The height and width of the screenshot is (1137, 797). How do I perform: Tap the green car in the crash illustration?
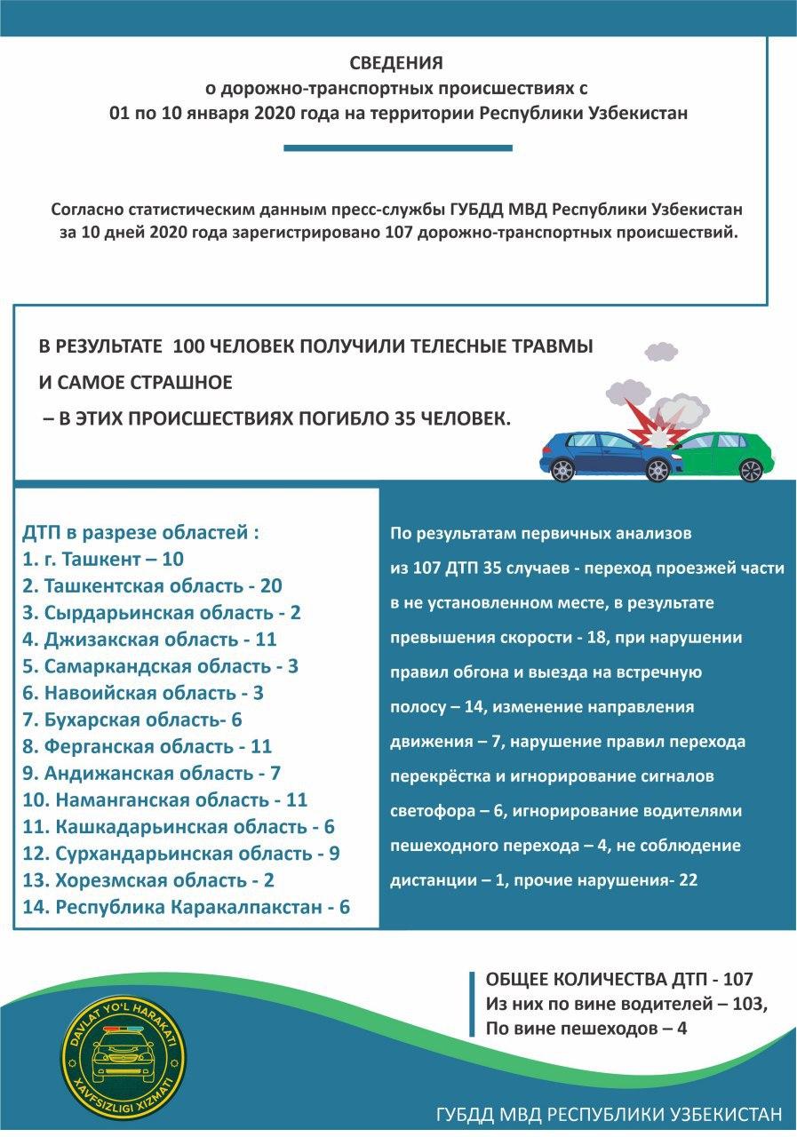coord(724,454)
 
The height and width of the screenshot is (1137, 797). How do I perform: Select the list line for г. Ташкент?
coord(103,560)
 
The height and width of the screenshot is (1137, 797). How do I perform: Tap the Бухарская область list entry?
coord(132,720)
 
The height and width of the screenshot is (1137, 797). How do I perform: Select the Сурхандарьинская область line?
coord(181,854)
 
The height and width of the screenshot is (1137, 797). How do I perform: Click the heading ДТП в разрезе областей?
coord(140,533)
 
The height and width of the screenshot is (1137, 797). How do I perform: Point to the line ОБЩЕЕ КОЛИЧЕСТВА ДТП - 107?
coord(618,980)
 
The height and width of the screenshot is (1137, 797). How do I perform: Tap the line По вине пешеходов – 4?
coord(586,1029)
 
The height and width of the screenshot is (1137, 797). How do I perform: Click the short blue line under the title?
coord(397,148)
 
